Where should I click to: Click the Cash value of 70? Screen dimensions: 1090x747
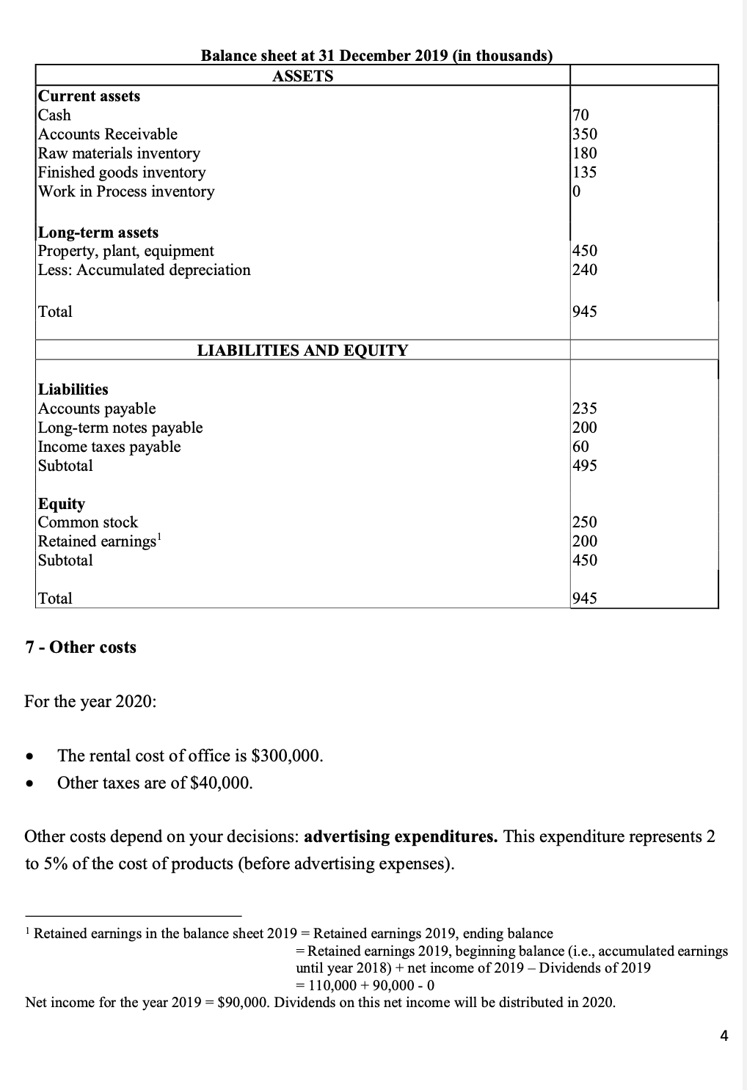pos(580,115)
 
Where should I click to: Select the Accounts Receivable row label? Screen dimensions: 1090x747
pos(108,134)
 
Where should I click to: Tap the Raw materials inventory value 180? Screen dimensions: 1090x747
pos(585,153)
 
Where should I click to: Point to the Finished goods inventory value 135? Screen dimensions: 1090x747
pos(585,172)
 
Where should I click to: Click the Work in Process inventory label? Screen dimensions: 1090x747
pos(126,191)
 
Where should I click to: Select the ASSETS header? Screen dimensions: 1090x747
pos(302,76)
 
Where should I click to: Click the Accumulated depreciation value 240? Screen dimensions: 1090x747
pos(585,270)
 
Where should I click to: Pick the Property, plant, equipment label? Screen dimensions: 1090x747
pos(126,251)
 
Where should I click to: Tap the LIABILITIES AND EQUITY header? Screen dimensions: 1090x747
pos(302,351)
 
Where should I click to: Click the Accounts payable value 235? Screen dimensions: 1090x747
pos(585,409)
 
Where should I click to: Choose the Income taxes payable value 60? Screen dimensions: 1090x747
pos(580,447)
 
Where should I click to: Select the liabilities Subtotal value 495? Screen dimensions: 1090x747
pos(585,466)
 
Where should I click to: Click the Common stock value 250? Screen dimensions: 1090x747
pos(585,522)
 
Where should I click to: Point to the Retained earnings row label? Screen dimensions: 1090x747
pos(98,541)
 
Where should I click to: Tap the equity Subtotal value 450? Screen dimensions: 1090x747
pos(585,560)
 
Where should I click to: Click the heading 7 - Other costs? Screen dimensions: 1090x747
pos(81,647)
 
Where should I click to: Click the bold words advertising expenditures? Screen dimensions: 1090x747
pos(401,837)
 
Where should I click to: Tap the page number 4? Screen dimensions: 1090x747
pos(724,1036)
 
